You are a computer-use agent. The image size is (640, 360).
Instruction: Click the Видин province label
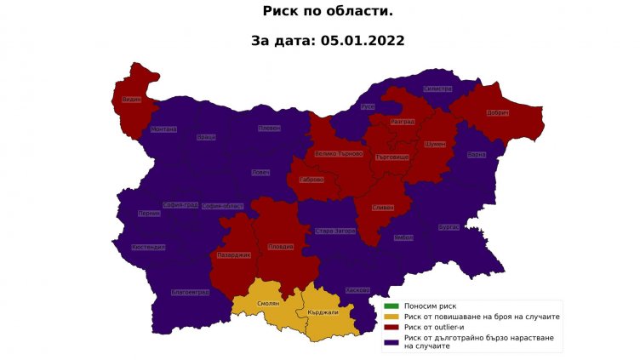pos(131,100)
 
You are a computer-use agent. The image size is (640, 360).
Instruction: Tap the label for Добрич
pos(498,113)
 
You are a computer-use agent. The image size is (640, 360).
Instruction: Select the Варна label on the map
pos(477,155)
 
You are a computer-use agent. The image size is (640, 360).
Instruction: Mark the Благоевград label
pos(190,293)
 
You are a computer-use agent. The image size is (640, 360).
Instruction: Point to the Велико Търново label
pos(339,154)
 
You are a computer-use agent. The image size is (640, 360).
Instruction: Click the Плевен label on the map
pos(270,129)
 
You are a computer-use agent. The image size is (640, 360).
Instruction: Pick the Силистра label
pos(437,89)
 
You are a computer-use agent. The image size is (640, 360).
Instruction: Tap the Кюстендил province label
pos(149,248)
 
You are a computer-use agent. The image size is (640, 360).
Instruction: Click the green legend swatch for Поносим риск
pos(391,306)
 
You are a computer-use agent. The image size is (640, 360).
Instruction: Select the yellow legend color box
pos(391,317)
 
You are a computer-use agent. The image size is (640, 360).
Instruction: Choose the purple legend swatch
pos(391,341)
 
